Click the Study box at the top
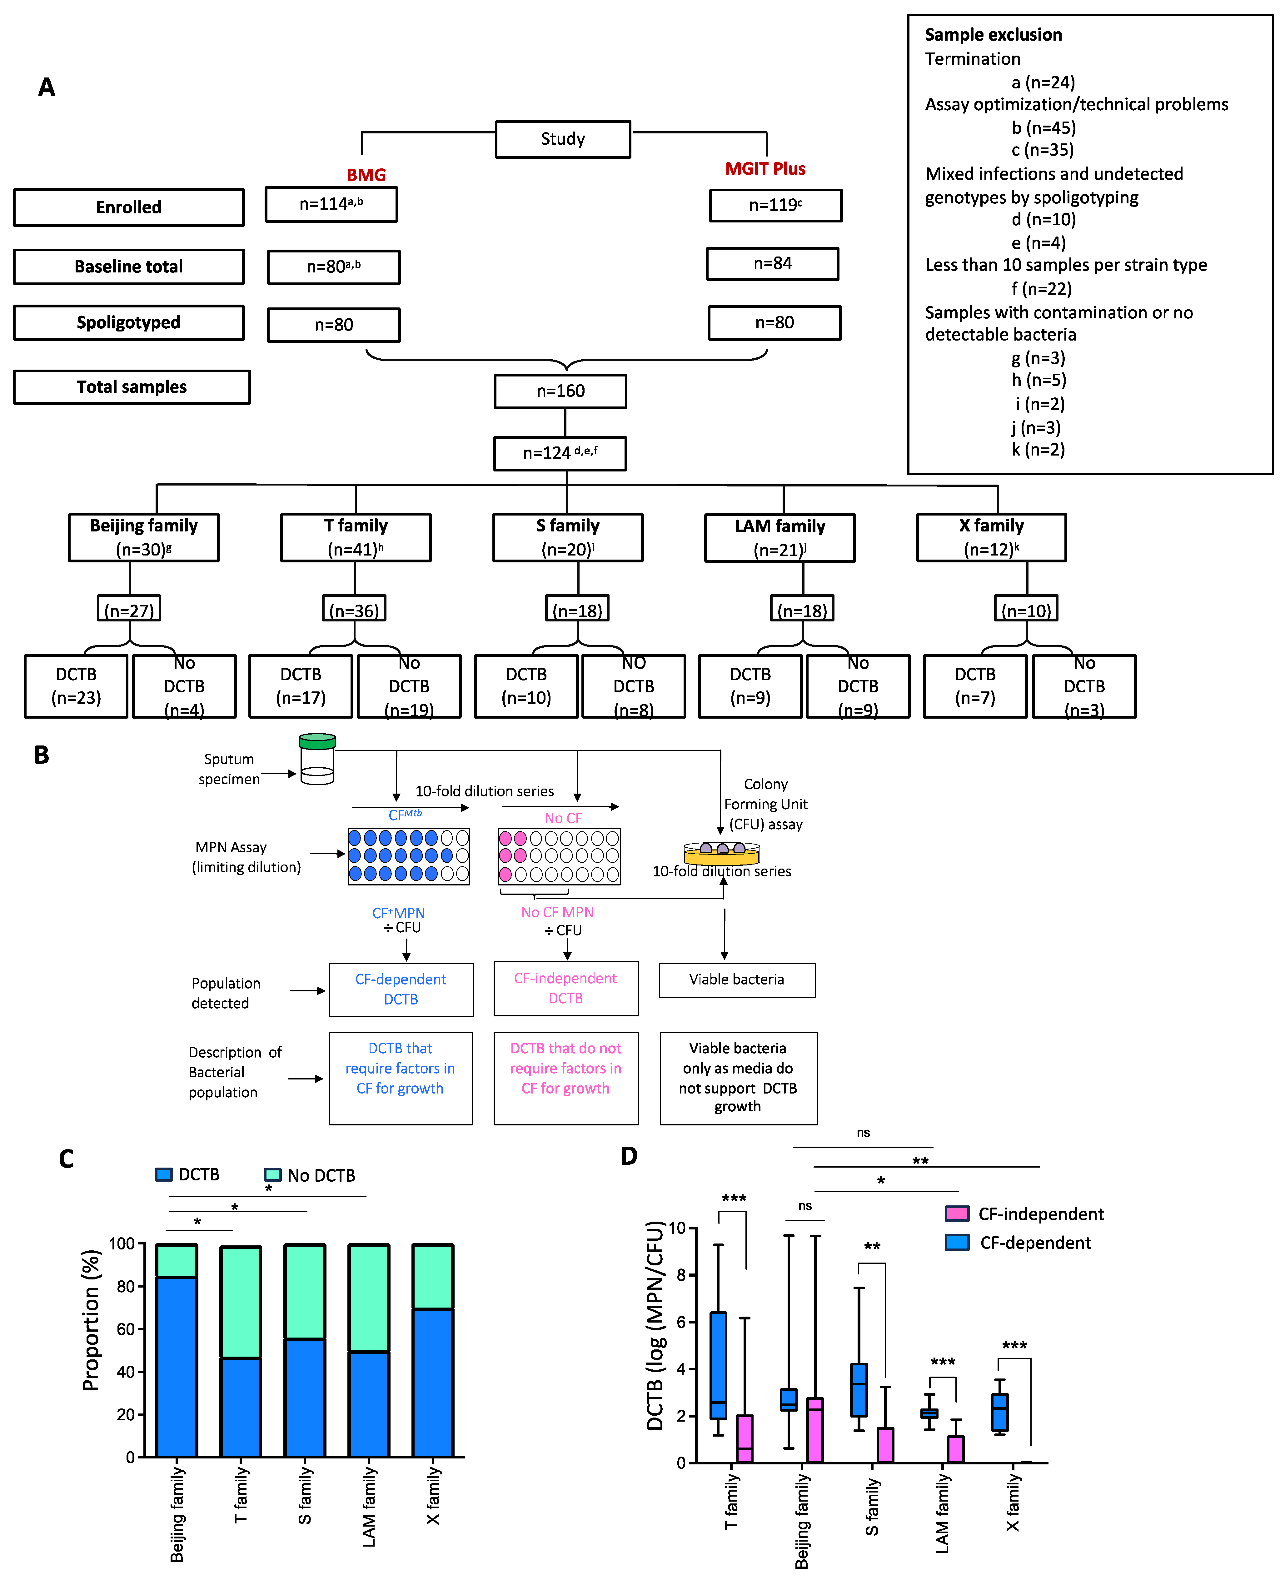563,139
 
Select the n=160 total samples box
560,391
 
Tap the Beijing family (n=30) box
144,537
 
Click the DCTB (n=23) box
76,686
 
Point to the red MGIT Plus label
765,169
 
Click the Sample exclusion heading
994,35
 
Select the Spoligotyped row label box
129,323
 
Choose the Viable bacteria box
737,980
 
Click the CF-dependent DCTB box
401,989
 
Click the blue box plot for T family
718,1365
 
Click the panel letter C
67,1159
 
